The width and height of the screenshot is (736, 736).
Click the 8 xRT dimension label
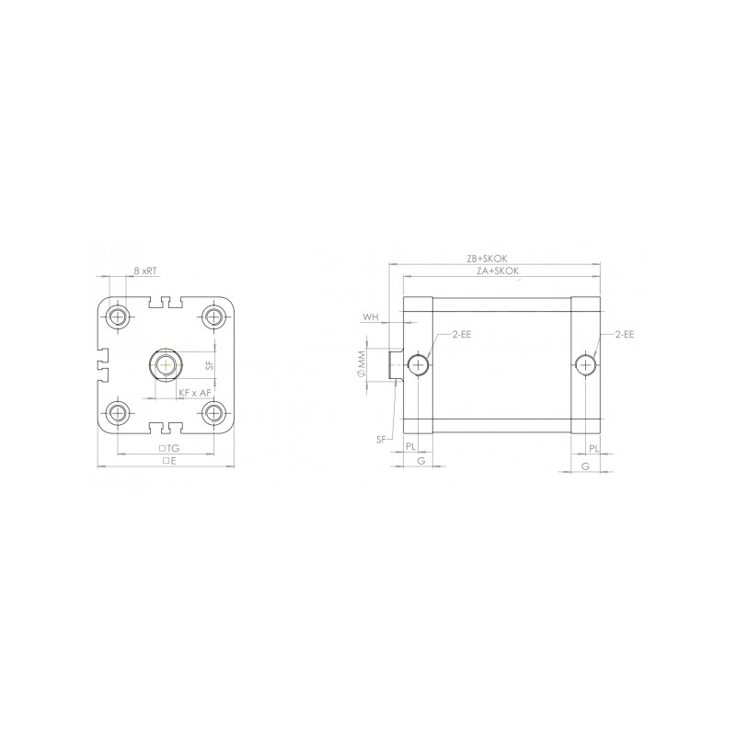(x=144, y=271)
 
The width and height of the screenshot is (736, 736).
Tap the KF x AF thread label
(x=195, y=393)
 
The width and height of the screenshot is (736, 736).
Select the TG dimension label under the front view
(x=169, y=447)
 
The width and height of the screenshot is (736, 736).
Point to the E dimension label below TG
(x=169, y=460)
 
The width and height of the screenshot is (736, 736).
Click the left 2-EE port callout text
(x=461, y=335)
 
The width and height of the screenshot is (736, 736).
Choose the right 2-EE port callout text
(x=624, y=335)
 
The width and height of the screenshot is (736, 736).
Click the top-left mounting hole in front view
(x=118, y=317)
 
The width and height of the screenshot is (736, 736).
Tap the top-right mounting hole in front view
(x=215, y=317)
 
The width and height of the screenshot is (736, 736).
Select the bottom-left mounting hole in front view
(x=118, y=412)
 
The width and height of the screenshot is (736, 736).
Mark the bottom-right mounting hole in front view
(x=215, y=412)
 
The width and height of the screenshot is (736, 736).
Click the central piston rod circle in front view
(x=167, y=364)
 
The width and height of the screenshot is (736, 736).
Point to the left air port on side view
(x=420, y=365)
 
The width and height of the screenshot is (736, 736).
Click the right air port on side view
(x=586, y=365)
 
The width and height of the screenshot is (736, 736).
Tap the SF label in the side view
(x=381, y=440)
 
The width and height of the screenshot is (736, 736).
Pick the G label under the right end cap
(x=586, y=466)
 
